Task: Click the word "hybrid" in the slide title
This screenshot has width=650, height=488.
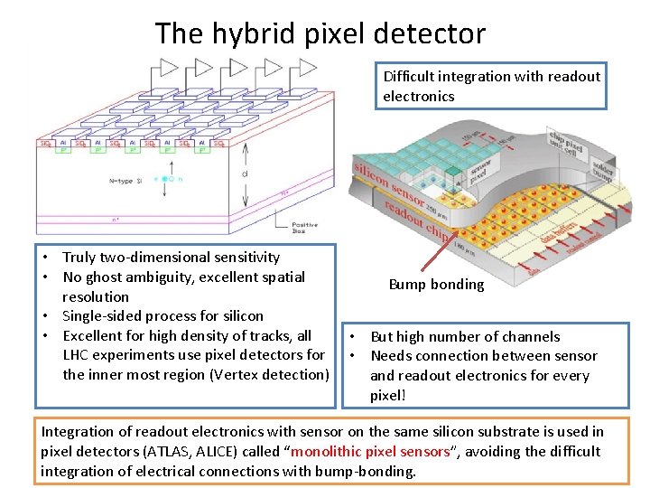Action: tap(245, 34)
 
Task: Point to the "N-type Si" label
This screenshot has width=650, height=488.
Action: tap(125, 181)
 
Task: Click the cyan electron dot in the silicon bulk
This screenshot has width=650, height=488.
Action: tap(164, 180)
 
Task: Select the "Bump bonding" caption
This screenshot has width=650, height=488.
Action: tap(436, 285)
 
